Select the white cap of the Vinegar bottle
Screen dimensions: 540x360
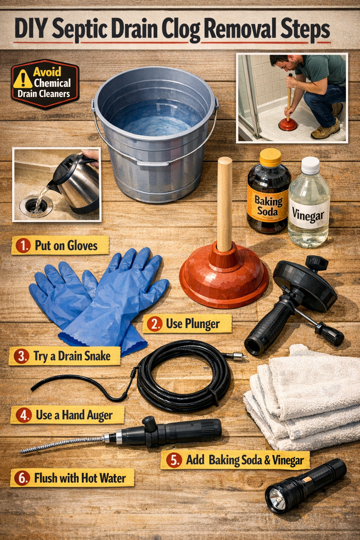(310, 165)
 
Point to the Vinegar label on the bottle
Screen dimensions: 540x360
(308, 214)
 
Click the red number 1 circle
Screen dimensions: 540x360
(23, 245)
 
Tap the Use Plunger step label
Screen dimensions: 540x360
(187, 323)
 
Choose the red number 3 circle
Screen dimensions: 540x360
(21, 356)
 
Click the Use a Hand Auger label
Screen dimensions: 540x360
(67, 415)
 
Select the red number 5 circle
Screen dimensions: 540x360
(174, 460)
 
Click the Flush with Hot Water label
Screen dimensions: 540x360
(72, 478)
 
